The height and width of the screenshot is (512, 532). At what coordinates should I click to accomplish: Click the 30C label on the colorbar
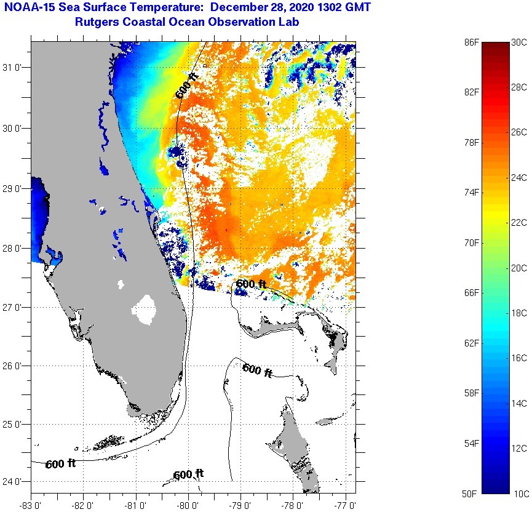[x=518, y=42]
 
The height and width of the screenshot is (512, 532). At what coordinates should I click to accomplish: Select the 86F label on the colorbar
[x=472, y=42]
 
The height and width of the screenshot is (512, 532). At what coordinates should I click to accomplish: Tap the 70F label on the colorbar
[x=472, y=242]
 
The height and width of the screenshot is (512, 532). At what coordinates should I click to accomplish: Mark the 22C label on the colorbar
[x=518, y=222]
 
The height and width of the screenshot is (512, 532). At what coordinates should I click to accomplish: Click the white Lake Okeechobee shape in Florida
[x=145, y=310]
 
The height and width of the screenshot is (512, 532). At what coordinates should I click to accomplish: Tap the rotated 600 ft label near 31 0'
[x=186, y=86]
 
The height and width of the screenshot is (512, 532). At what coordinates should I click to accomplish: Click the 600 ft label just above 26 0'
[x=257, y=370]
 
